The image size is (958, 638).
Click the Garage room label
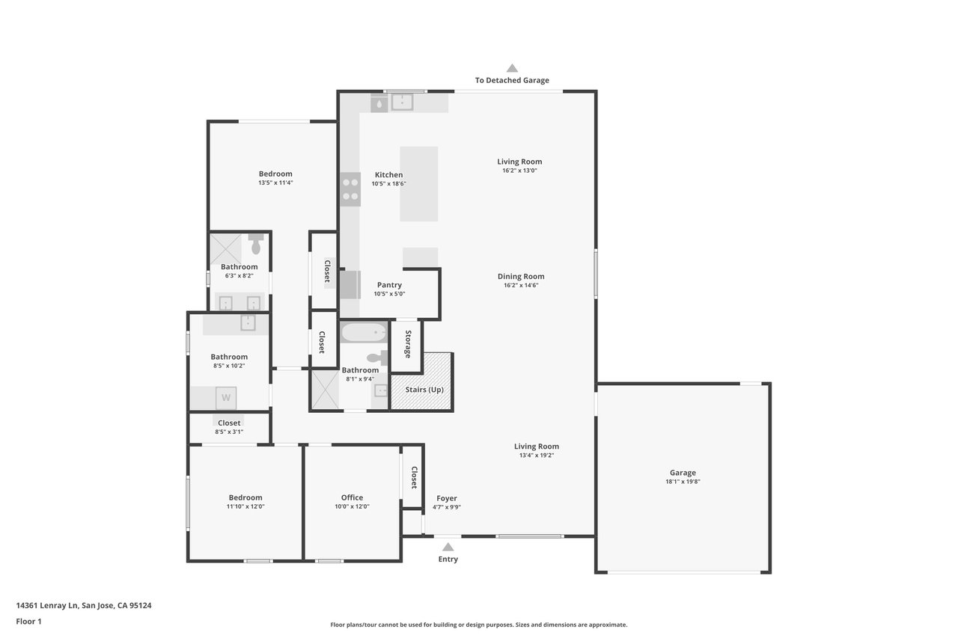point(683,473)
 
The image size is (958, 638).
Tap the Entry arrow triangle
point(448,547)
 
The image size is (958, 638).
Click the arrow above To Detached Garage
point(512,68)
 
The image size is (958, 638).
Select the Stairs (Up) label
point(424,390)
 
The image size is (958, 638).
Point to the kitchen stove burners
point(350,189)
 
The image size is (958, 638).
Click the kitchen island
point(418,184)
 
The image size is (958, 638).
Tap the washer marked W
point(226,398)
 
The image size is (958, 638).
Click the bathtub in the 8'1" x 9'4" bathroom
point(364,332)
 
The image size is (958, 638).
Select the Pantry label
point(389,285)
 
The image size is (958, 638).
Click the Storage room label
point(408,344)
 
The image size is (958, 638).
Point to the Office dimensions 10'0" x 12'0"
point(352,506)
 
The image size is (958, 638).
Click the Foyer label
point(447,499)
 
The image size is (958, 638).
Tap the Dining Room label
point(521,277)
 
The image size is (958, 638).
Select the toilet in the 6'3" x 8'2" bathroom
point(256,244)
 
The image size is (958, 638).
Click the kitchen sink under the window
point(403,102)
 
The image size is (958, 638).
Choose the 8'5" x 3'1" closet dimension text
point(229,432)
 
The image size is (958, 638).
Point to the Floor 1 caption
point(28,622)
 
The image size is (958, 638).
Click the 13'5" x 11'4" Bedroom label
point(275,174)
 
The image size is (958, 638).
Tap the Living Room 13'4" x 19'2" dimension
point(537,456)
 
